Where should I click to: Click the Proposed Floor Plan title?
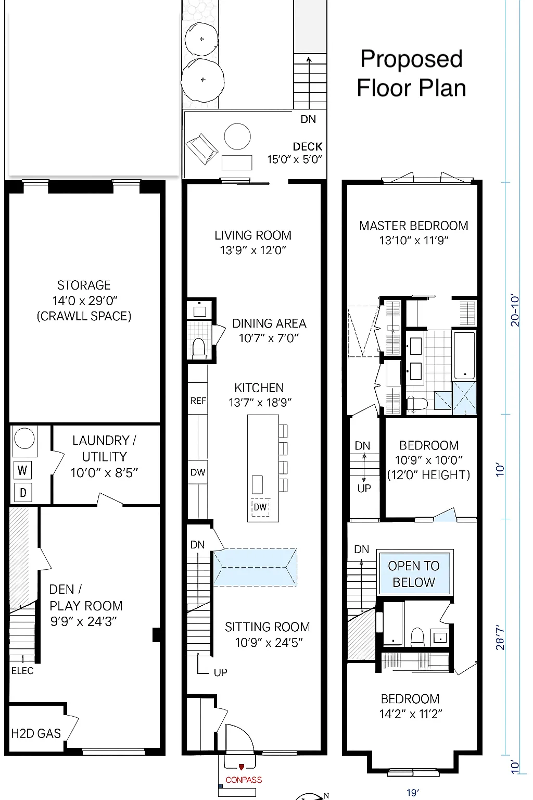point(411,73)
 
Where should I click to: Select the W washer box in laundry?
point(22,470)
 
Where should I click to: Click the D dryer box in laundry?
point(23,492)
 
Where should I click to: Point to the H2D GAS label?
point(36,733)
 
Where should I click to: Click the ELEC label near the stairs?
point(22,671)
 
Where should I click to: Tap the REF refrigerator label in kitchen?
point(198,401)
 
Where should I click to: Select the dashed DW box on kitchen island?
point(260,507)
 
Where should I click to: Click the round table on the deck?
point(237,136)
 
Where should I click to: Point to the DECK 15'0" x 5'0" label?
point(295,153)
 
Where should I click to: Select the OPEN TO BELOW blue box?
point(414,573)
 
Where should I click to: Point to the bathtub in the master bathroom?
point(464,355)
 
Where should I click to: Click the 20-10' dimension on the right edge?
point(515,310)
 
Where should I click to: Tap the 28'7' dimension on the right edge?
point(501,637)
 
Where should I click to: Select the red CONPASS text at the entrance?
point(244,780)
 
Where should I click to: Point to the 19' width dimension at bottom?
point(413,793)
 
